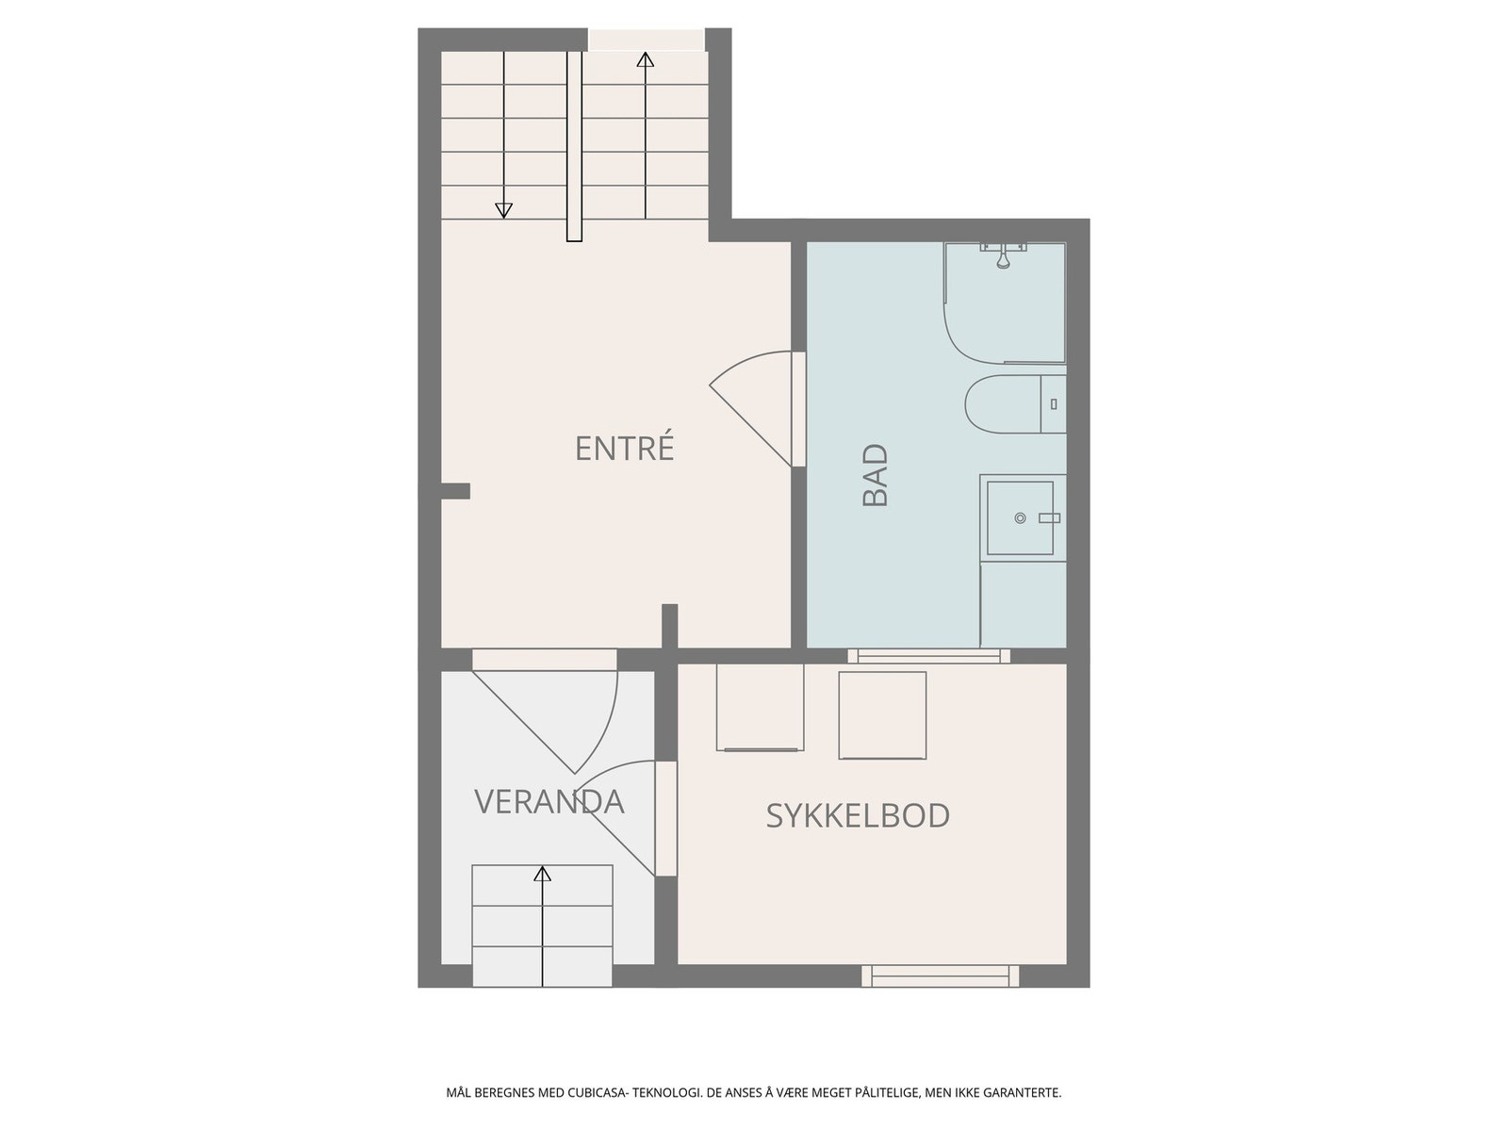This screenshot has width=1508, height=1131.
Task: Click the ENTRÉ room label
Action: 624,449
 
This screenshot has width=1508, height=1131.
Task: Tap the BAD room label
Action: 877,476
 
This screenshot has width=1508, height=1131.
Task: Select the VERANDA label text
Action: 549,801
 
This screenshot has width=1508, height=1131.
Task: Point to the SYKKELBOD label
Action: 857,815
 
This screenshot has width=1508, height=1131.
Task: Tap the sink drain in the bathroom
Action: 1020,518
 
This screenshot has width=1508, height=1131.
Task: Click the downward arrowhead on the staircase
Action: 503,210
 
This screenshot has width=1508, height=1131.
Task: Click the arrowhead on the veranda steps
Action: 542,874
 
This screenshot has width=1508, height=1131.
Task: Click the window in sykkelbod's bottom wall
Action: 941,975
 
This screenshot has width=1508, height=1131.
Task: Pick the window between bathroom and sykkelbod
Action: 928,656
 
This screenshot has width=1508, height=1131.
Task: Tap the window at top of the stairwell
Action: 646,40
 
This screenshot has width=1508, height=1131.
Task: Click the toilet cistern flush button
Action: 1053,404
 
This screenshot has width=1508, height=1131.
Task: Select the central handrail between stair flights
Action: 574,146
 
